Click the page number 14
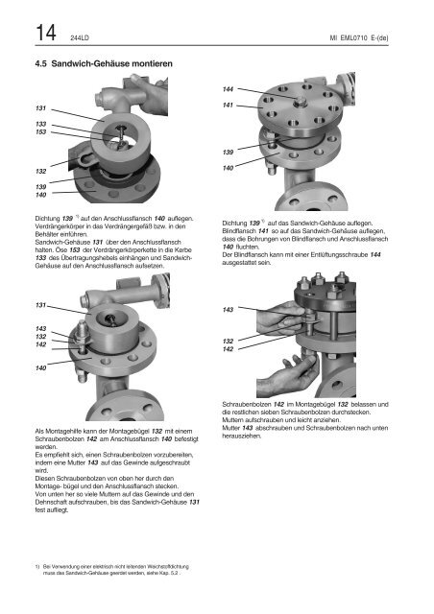coord(46,33)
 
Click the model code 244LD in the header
coord(80,38)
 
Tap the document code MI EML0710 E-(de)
coord(359,38)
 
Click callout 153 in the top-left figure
coord(40,132)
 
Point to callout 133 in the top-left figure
coord(40,124)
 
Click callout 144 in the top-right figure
coord(228,89)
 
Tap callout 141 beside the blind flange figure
coord(228,105)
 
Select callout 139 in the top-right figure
coord(228,152)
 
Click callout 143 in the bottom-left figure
coord(40,328)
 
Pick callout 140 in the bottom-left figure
coord(40,367)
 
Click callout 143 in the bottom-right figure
coord(228,310)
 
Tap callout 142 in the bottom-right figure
coord(228,349)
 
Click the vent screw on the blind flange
coord(300,102)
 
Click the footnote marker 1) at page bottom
coord(37,567)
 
